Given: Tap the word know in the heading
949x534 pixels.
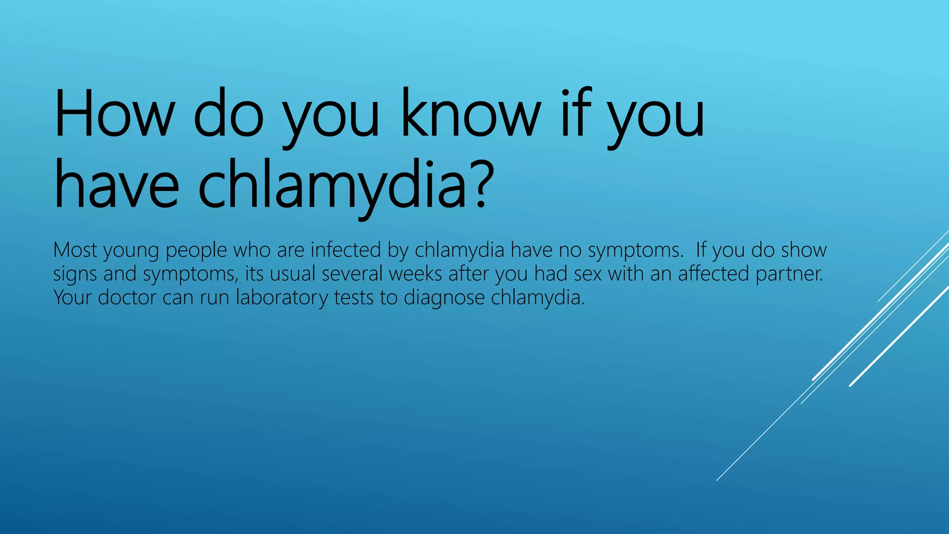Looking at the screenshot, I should click(471, 114).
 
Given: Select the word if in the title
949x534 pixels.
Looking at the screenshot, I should click(576, 114).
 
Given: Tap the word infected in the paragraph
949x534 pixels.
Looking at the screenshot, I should click(346, 250).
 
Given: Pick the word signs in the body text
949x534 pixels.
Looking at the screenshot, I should click(75, 274).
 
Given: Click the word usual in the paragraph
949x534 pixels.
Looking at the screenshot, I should click(292, 273).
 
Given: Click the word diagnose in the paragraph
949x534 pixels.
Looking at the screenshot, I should click(444, 298).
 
